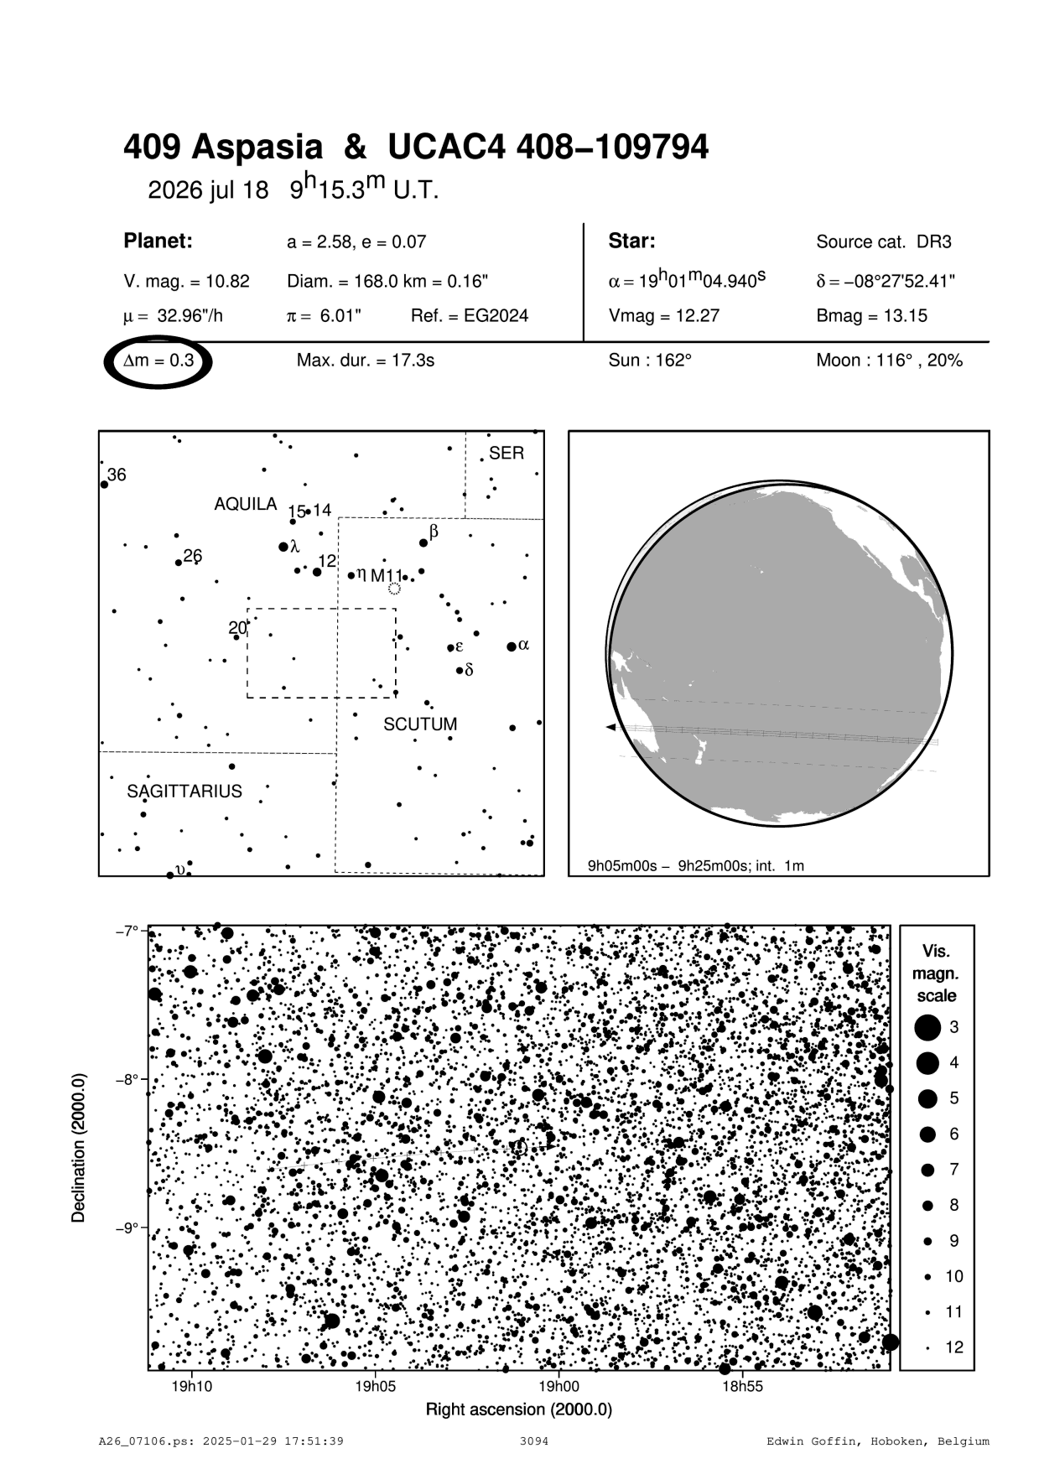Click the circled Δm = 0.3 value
pyautogui.click(x=158, y=361)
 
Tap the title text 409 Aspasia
pyautogui.click(x=222, y=148)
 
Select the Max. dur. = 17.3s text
pyautogui.click(x=365, y=361)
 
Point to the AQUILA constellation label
pyautogui.click(x=245, y=504)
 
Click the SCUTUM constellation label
pyautogui.click(x=420, y=724)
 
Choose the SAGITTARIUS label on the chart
pyautogui.click(x=184, y=792)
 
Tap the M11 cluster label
pyautogui.click(x=387, y=576)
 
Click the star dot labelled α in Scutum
pyautogui.click(x=512, y=646)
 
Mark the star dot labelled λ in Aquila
pyautogui.click(x=283, y=547)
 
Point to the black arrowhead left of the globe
pyautogui.click(x=610, y=727)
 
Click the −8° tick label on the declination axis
pyautogui.click(x=126, y=1079)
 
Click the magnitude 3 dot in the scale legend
pyautogui.click(x=927, y=1027)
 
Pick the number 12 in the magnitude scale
pyautogui.click(x=954, y=1347)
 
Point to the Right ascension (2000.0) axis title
pyautogui.click(x=519, y=1409)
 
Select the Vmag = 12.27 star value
pyautogui.click(x=663, y=316)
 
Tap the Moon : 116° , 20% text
pyautogui.click(x=889, y=361)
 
